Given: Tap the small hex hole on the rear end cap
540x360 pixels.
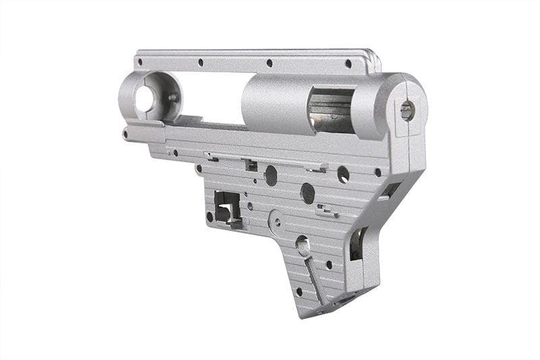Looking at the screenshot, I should pos(407,110).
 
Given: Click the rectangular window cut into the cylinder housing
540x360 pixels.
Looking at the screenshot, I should pos(331,111).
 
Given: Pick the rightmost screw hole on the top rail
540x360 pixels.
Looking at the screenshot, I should pos(348,63).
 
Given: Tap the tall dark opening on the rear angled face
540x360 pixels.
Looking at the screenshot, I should pos(356,244).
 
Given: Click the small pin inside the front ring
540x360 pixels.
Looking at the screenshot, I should pos(171,97).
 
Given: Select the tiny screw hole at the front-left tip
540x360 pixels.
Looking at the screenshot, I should pos(126,134).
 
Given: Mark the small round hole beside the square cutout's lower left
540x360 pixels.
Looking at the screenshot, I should pos(209,217).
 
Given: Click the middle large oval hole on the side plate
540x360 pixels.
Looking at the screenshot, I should pos(308,193).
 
